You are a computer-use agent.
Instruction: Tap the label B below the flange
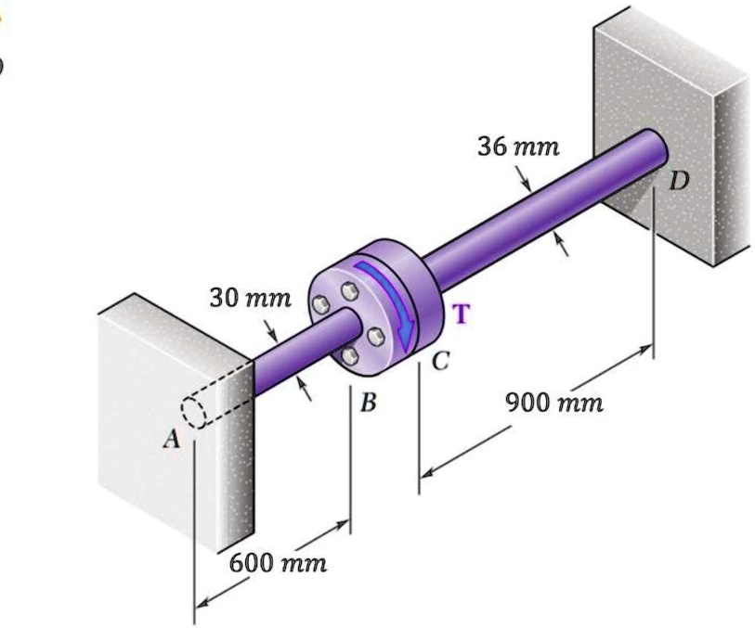[370, 404]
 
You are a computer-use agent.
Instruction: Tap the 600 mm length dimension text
[278, 563]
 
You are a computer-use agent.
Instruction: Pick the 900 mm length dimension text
[554, 404]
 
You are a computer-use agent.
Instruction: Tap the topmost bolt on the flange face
[352, 292]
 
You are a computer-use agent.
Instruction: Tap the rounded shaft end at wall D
[656, 147]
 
